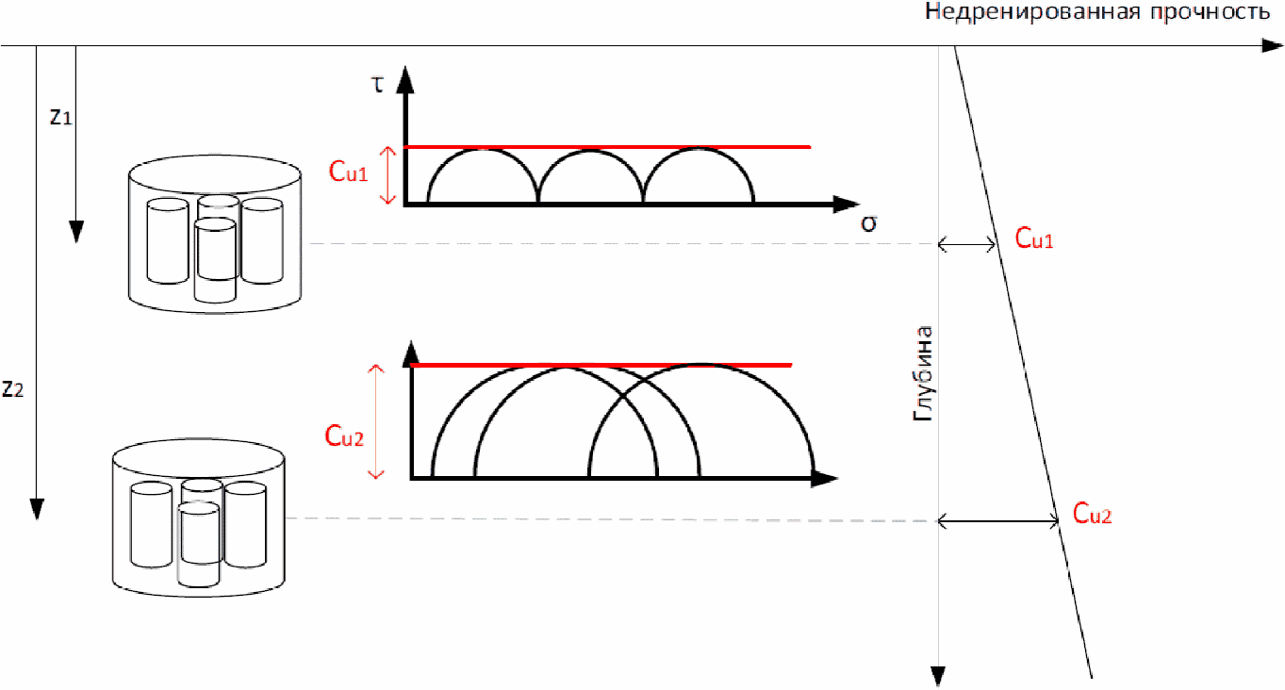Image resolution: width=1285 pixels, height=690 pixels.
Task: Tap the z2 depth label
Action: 13,387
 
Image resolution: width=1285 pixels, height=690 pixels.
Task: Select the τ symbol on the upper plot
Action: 377,84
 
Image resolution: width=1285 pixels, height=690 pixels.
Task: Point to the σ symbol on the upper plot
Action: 868,223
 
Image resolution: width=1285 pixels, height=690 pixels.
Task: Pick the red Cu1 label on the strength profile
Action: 1034,239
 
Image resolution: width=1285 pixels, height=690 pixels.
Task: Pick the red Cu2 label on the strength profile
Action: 1093,515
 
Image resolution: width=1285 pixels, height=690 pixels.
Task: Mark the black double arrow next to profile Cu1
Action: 968,245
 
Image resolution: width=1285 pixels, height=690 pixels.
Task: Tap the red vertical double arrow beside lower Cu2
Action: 377,421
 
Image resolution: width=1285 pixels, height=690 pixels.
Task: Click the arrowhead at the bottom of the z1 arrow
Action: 76,232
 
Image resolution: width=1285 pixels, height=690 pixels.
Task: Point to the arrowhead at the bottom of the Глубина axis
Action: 938,676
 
